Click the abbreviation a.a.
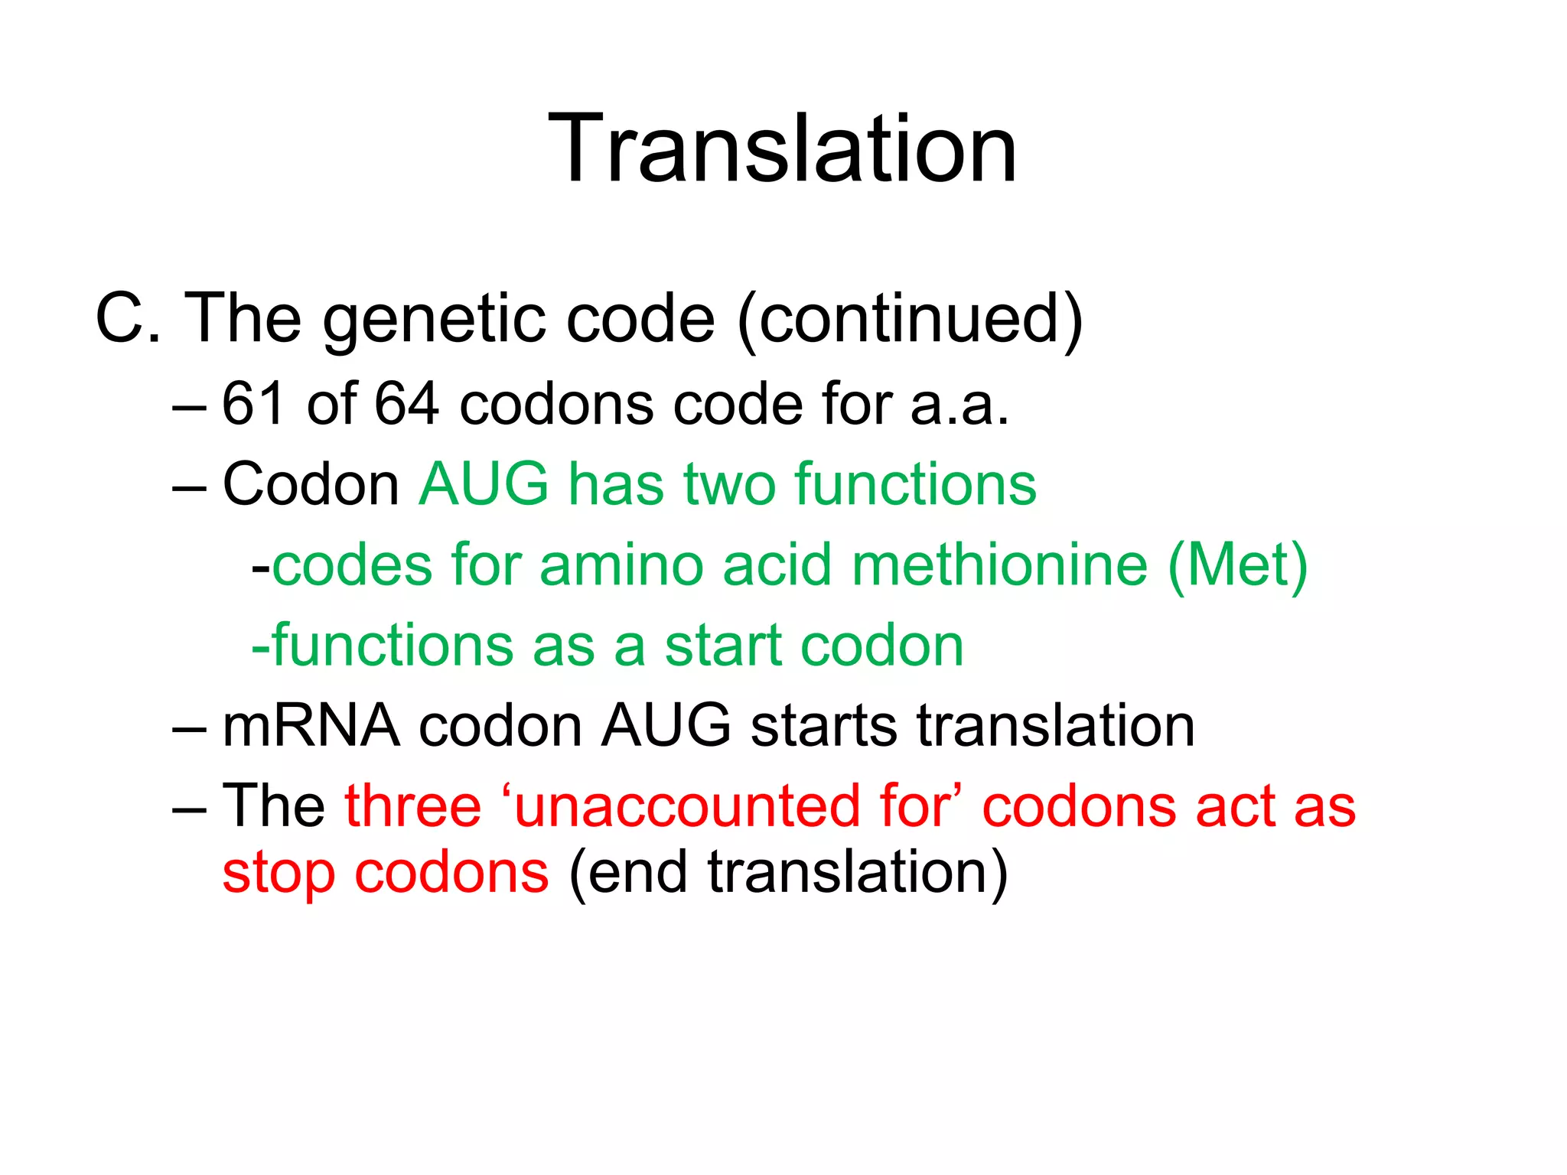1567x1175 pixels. [x=959, y=405]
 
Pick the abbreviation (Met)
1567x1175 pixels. [x=1237, y=566]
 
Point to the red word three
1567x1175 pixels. [x=412, y=806]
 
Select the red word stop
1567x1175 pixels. [x=279, y=874]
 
